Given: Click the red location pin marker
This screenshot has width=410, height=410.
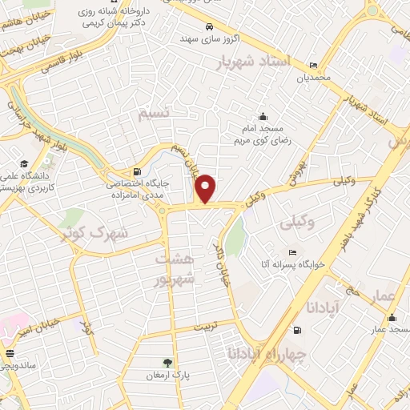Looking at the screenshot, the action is [x=207, y=188].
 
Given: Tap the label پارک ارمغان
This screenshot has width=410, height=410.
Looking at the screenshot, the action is [x=167, y=375].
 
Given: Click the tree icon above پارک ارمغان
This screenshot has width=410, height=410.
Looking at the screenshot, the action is [x=167, y=363].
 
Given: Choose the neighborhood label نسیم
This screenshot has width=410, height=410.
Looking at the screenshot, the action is [x=155, y=115].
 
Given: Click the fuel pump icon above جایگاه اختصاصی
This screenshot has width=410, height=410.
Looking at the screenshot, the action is [x=139, y=171].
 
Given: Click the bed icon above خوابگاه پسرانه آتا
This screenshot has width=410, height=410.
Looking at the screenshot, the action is [x=292, y=252].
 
